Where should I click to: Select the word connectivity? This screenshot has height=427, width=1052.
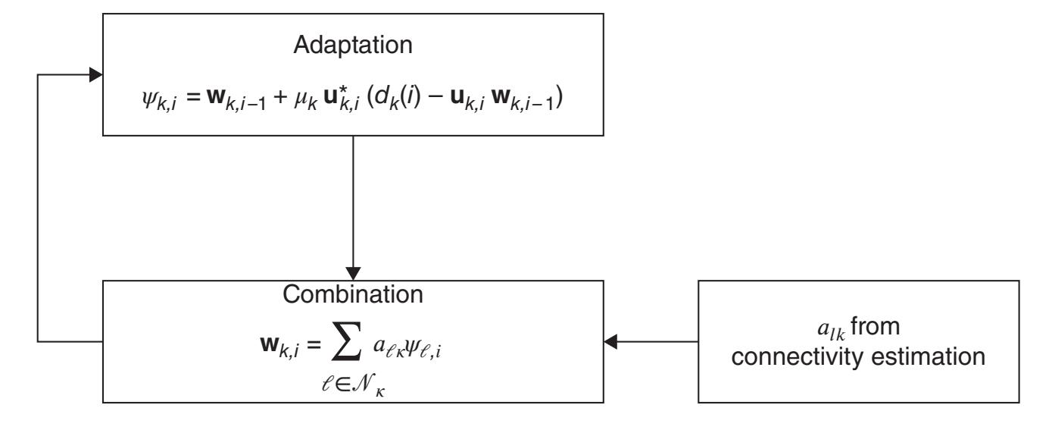pos(811,354)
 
